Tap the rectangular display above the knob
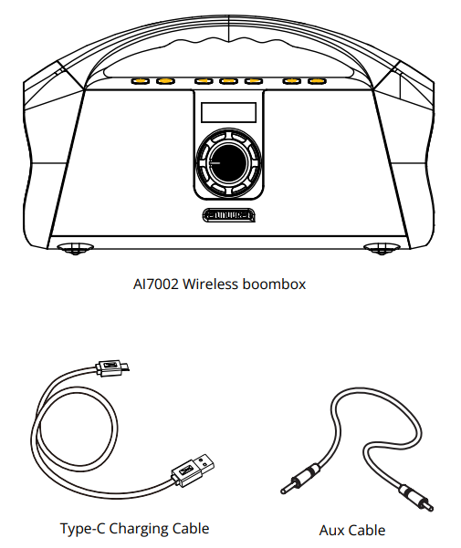click(228, 112)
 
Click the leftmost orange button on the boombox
click(140, 81)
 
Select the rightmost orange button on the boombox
click(317, 81)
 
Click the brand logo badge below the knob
click(229, 215)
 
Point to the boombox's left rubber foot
click(75, 249)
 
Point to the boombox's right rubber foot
click(382, 249)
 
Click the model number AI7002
click(156, 284)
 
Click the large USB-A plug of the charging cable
click(193, 470)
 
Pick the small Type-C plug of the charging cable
click(112, 367)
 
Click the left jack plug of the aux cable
click(300, 480)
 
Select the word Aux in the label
click(332, 530)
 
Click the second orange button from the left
click(165, 81)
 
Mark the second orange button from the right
click(292, 81)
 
